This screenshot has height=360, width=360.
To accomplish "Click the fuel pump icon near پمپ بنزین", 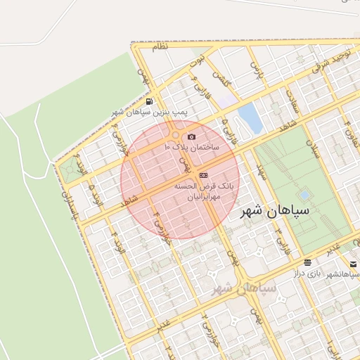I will [149, 102].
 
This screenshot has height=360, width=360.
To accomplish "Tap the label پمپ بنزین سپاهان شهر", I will [150, 112].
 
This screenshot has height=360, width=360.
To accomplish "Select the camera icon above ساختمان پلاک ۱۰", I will [192, 136].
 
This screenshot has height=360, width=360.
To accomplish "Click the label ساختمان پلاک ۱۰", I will [191, 147].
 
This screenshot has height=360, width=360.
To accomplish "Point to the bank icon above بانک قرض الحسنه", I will [203, 175].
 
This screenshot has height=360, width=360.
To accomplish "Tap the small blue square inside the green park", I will [304, 193].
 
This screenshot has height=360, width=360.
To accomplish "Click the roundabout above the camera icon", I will [174, 134].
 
